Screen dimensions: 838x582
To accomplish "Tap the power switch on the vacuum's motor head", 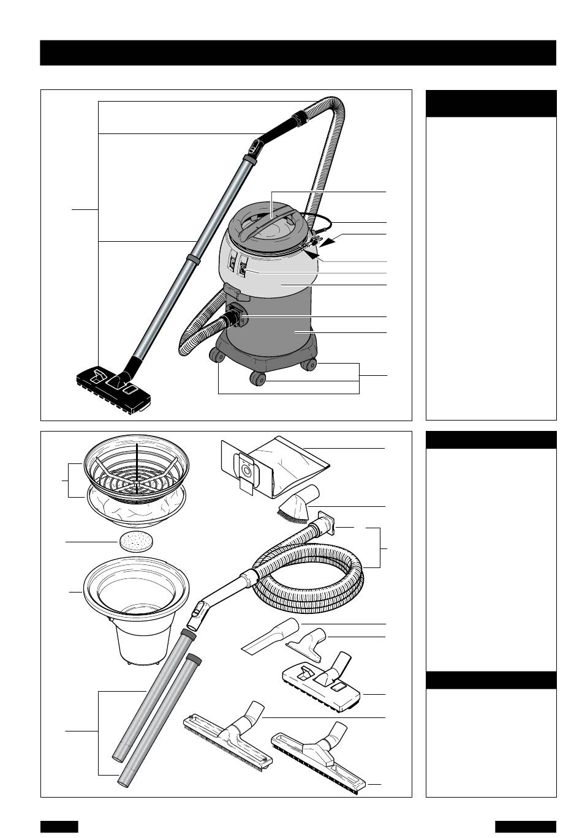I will (x=243, y=270).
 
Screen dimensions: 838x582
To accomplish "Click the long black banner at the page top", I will (x=298, y=53).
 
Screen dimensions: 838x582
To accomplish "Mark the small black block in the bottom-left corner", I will (x=59, y=826).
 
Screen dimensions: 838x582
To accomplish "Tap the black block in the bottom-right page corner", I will (x=525, y=826).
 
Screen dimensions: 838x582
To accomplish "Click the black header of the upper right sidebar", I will (x=491, y=103).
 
